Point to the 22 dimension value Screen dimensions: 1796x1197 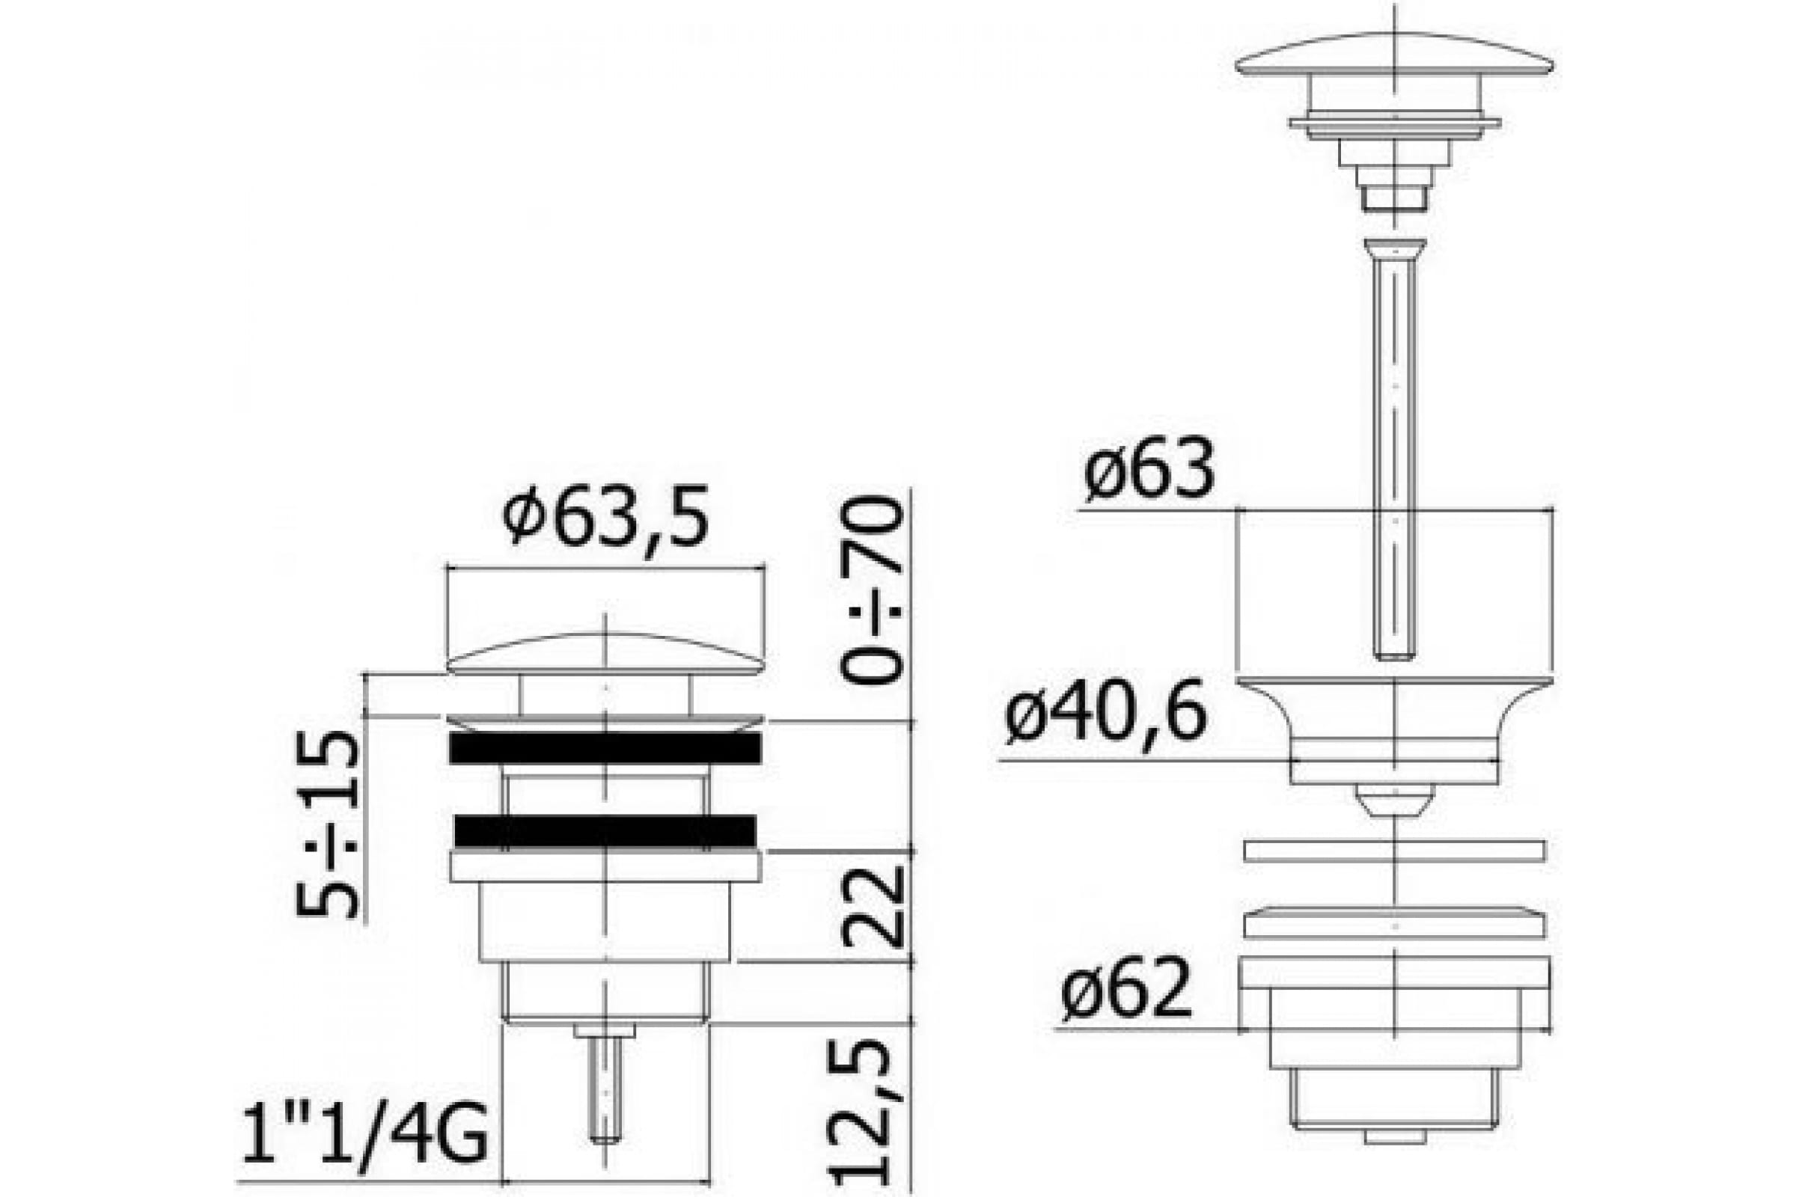point(871,906)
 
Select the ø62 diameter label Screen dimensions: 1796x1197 point(1126,988)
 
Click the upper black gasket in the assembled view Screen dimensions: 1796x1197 point(605,748)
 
